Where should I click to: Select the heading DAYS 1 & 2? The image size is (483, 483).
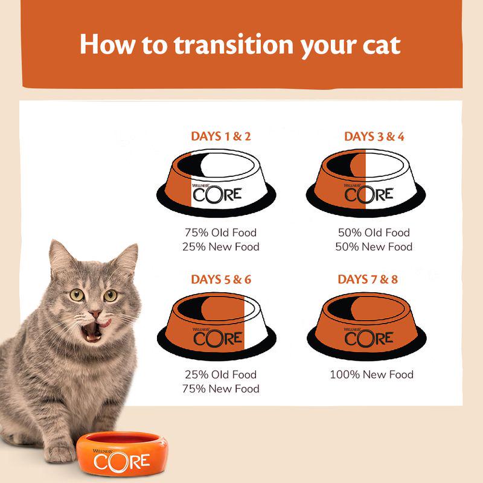[220, 136]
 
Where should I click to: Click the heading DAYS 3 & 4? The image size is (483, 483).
[374, 136]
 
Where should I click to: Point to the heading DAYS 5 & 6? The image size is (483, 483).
[220, 280]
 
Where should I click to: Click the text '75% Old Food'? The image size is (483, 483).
[220, 232]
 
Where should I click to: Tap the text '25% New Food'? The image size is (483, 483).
[220, 247]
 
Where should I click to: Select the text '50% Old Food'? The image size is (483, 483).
[374, 232]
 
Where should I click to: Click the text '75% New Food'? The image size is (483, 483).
[220, 389]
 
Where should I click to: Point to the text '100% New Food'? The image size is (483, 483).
[371, 374]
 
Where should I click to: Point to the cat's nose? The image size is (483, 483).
[95, 314]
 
